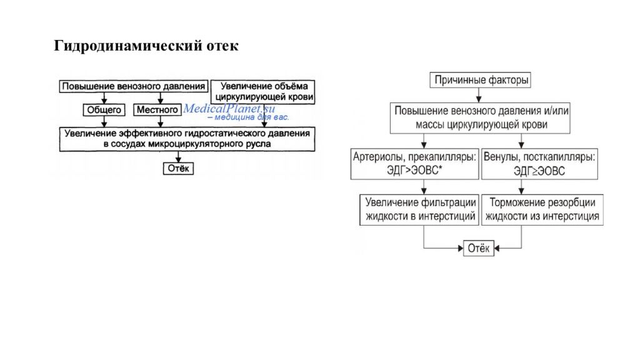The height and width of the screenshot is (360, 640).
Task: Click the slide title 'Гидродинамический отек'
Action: tap(146, 46)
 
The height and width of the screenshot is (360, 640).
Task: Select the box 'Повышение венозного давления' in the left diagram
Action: tap(134, 86)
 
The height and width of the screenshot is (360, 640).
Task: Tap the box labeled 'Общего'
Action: tap(104, 110)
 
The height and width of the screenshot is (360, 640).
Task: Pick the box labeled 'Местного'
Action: tap(157, 110)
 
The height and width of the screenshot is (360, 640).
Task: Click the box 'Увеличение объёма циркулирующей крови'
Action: tap(263, 92)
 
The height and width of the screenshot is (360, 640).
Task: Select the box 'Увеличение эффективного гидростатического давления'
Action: tap(187, 139)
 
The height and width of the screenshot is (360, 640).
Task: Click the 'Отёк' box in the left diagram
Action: tap(178, 168)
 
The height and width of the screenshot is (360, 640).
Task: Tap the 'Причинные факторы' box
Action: tap(481, 80)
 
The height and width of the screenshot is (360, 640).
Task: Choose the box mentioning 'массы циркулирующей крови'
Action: tap(480, 118)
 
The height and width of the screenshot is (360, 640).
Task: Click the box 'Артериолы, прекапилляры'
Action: tap(415, 164)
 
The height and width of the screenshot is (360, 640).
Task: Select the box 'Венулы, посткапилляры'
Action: tap(539, 164)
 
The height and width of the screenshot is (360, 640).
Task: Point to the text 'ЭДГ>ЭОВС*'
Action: tap(415, 170)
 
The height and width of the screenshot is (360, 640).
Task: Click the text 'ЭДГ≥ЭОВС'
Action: tap(539, 171)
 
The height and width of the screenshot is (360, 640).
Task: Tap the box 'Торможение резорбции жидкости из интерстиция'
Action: tap(542, 210)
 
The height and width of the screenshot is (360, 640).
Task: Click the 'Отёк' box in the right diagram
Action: tap(478, 248)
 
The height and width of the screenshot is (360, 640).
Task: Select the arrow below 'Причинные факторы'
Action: tap(479, 95)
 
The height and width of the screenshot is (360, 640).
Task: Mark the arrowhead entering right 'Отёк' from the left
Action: tap(461, 248)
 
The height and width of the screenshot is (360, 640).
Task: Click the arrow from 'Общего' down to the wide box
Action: tap(104, 122)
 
